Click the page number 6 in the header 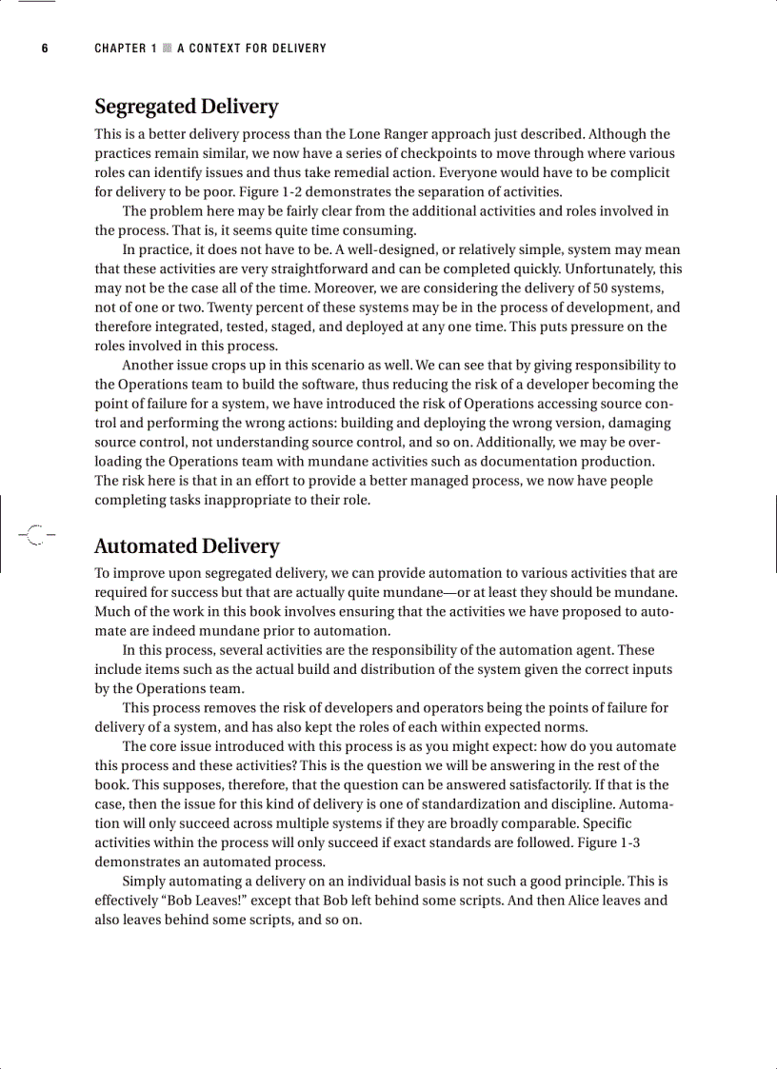click(x=44, y=49)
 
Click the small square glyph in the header click(x=167, y=49)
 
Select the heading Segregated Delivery click(x=186, y=107)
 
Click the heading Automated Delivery click(x=187, y=546)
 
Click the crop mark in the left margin click(x=34, y=535)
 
